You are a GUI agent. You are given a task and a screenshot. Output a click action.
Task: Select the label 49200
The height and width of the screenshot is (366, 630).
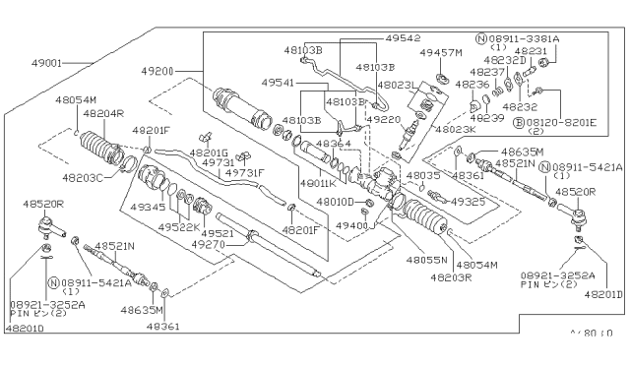tap(158, 71)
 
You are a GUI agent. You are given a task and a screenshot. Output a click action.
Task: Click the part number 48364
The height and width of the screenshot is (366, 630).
tap(335, 144)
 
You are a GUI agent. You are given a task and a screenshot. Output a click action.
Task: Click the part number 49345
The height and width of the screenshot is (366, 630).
tap(149, 208)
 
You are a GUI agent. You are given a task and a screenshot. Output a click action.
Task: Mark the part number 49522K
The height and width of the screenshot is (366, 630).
tap(177, 225)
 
